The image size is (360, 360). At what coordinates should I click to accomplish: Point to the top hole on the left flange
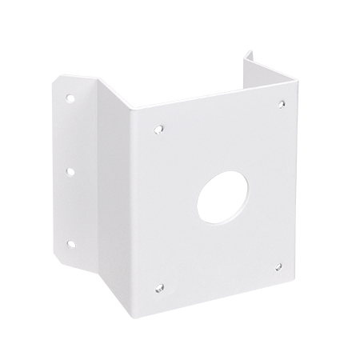tap(70, 98)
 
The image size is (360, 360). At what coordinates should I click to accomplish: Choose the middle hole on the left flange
tap(70, 170)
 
